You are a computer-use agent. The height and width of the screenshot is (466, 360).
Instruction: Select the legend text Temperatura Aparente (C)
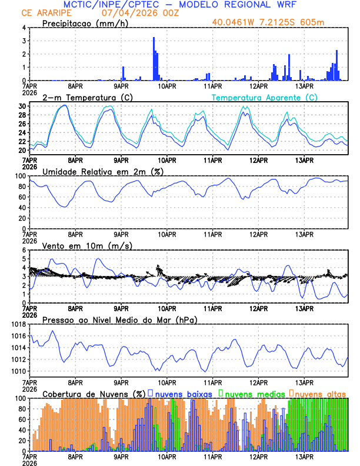[265, 97]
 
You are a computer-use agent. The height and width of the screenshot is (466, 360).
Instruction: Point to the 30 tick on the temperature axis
[22, 106]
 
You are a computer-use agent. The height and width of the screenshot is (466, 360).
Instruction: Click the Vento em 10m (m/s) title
[87, 245]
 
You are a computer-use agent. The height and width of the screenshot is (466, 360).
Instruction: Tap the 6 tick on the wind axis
[24, 250]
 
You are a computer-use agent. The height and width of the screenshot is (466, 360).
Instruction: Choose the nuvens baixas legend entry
[182, 393]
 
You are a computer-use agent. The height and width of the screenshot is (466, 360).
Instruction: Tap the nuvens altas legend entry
[319, 393]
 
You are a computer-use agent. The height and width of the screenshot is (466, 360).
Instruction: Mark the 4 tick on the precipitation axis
[24, 28]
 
